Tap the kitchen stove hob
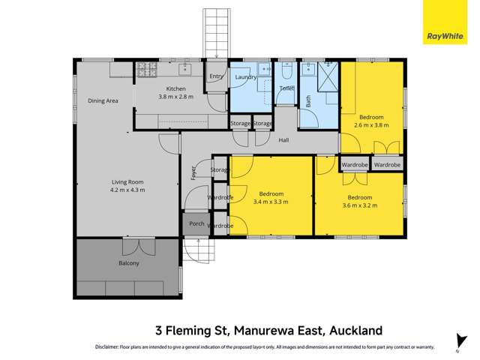pos(145,70)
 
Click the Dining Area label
pos(103,101)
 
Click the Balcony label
pos(127,263)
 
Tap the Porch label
pos(196,223)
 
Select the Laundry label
pos(245,76)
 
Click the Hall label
pos(283,140)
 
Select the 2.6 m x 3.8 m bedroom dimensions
pos(370,126)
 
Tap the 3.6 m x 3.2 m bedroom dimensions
pos(359,205)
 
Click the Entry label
pos(216,76)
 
